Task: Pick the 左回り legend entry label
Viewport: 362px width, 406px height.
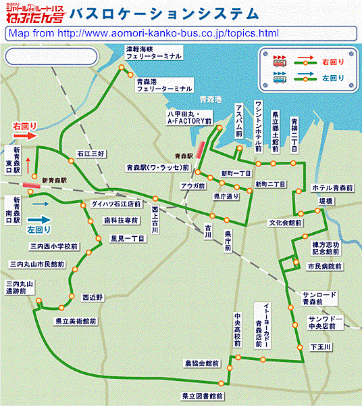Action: click(x=336, y=78)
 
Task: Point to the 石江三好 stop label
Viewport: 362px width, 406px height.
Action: click(x=90, y=154)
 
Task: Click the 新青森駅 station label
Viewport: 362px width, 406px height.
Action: click(x=53, y=181)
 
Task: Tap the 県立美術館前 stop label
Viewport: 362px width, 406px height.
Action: click(x=76, y=321)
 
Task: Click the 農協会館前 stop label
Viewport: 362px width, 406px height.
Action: click(x=203, y=363)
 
